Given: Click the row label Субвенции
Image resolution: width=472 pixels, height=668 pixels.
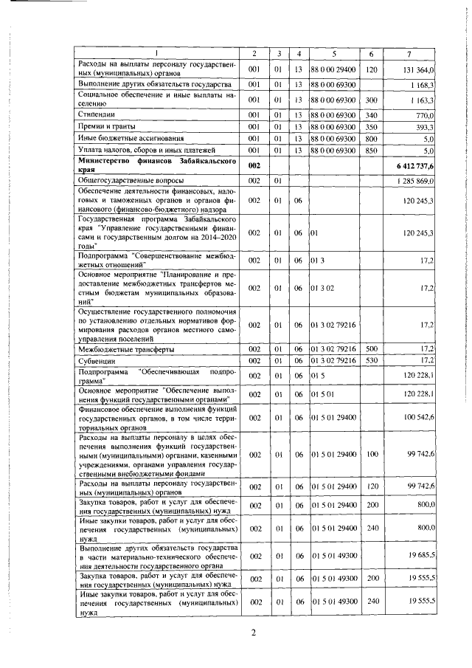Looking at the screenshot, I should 97,360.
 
